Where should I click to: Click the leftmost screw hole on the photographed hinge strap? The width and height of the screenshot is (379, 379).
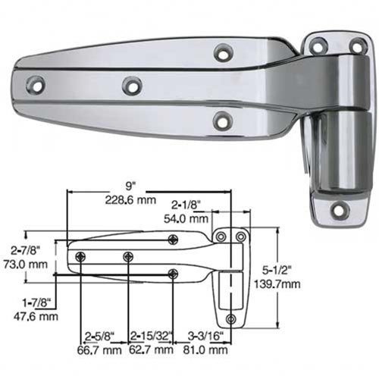point(35,83)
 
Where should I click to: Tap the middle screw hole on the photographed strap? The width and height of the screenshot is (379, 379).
point(132,86)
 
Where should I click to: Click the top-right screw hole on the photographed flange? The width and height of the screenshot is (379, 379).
point(356,47)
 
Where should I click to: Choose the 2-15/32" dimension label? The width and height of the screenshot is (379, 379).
point(152,336)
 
